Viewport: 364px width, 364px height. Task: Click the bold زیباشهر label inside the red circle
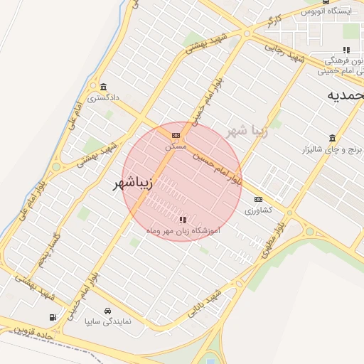pos(133,184)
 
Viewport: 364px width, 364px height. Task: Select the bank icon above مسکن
pos(176,135)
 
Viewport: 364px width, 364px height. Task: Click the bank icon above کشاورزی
pos(258,199)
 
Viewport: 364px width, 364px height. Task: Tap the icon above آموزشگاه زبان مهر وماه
pos(183,220)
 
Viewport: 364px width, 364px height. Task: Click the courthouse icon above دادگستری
pos(103,86)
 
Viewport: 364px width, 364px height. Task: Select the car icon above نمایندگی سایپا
pos(107,311)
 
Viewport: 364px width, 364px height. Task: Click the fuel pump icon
pos(52,317)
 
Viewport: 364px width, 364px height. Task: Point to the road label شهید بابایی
pos(205,301)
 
